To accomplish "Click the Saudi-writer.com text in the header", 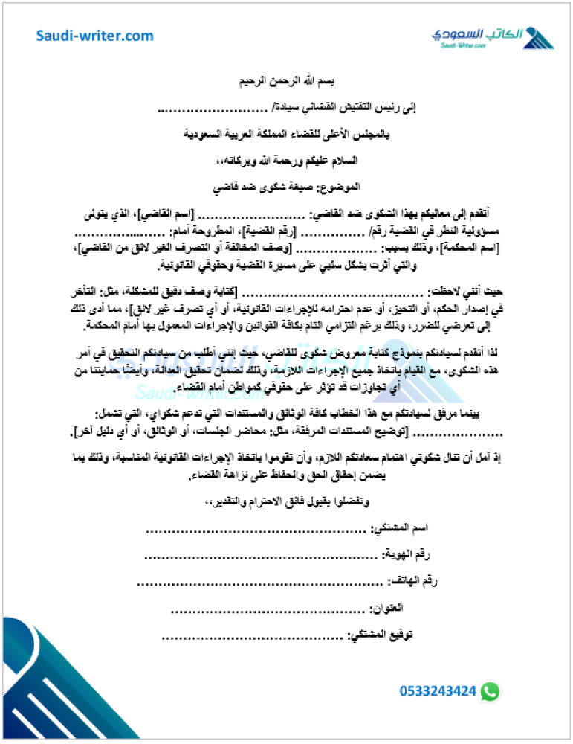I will tap(95, 36).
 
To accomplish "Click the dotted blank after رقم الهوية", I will tap(260, 555).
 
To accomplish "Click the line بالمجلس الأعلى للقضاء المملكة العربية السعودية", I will tap(287, 135).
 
